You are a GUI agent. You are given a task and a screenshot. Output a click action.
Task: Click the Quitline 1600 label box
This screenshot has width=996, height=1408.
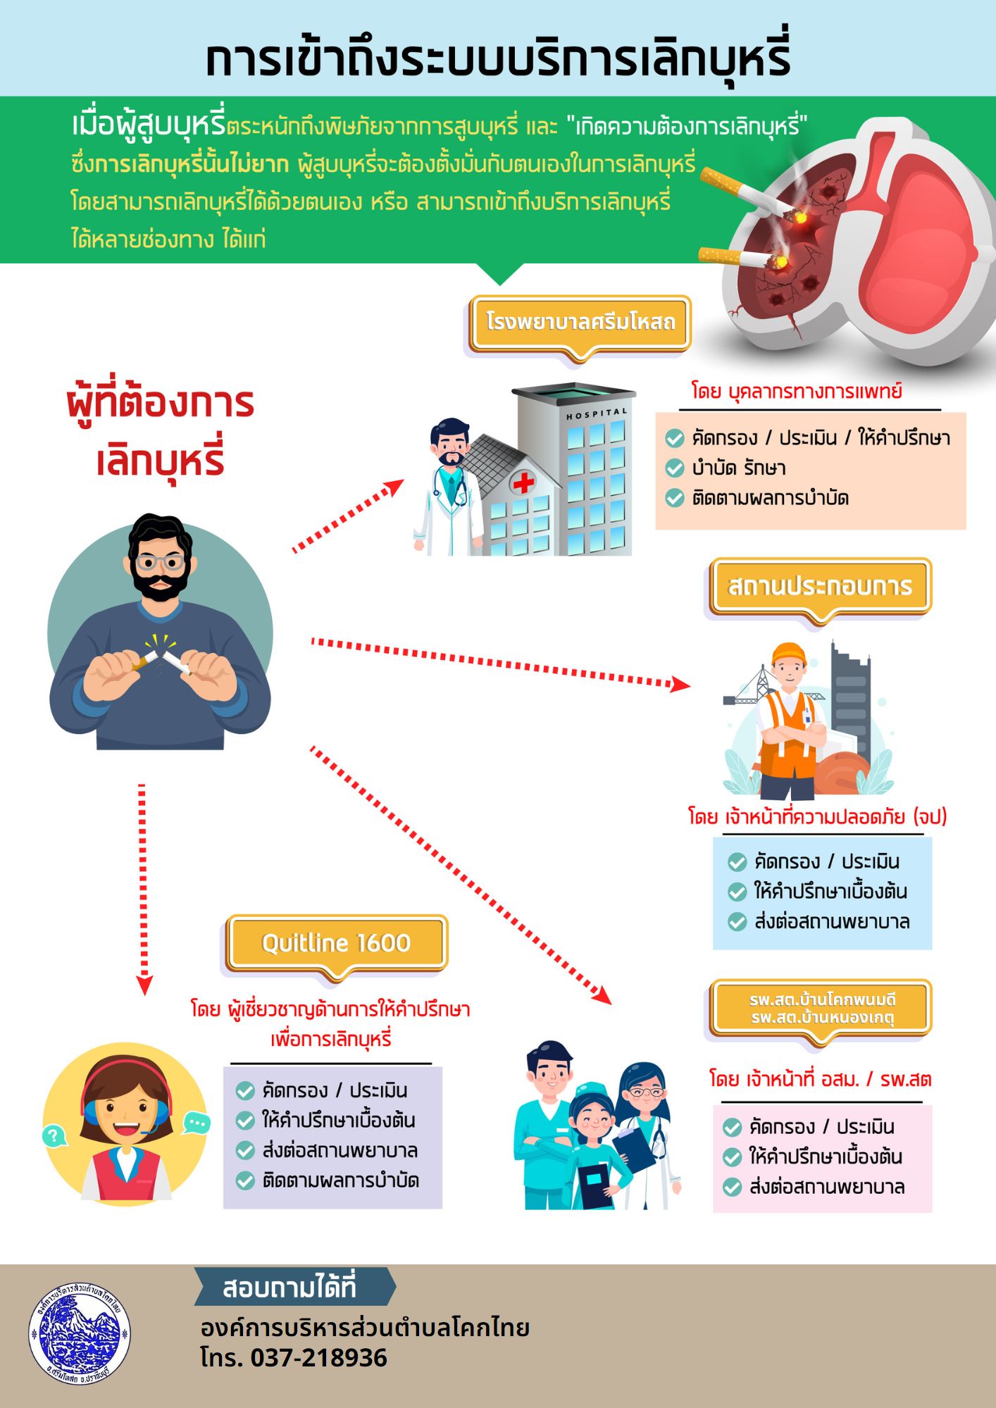click(x=336, y=942)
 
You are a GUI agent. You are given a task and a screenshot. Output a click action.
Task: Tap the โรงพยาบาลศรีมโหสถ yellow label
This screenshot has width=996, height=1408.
click(x=580, y=323)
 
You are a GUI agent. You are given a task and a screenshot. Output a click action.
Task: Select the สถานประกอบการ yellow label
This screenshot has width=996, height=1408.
click(x=820, y=586)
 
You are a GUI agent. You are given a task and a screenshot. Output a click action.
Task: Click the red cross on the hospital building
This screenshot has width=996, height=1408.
click(x=523, y=482)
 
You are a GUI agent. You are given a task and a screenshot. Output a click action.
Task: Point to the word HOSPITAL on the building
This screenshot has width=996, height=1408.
click(x=597, y=413)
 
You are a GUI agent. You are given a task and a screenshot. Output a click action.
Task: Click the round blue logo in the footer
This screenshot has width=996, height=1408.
click(x=80, y=1333)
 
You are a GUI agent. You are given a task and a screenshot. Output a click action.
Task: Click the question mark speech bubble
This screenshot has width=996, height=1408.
click(x=54, y=1135)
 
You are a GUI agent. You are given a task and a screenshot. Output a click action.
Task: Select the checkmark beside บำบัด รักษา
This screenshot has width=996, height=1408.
click(x=674, y=468)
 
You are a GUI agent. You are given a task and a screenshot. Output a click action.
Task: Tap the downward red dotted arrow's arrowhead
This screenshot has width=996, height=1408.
click(x=144, y=985)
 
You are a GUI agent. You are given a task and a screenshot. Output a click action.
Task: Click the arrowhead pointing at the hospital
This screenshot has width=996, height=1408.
click(x=394, y=487)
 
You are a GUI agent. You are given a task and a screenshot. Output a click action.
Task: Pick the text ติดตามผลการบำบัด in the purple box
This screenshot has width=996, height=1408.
click(x=341, y=1180)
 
